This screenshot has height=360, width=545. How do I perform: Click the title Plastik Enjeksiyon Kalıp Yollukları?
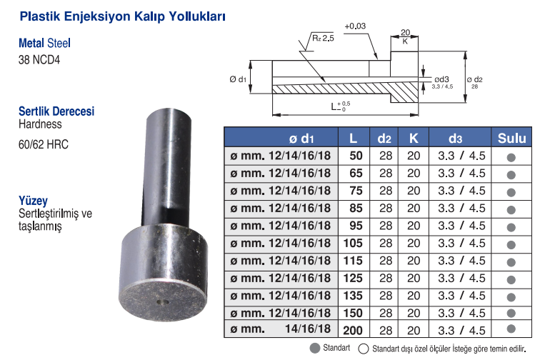click(x=122, y=16)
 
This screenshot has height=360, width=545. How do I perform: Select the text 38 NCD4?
click(x=39, y=60)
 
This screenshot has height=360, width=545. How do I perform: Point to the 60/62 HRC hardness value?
click(x=44, y=144)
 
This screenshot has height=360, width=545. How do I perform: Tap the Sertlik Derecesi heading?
click(x=56, y=111)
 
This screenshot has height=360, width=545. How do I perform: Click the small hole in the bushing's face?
click(x=162, y=302)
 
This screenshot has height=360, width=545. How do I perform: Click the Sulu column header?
click(x=511, y=139)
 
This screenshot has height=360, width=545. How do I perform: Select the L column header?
click(x=353, y=139)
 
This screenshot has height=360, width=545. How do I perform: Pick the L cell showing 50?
click(x=356, y=156)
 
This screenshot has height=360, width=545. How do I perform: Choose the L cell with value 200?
click(x=353, y=330)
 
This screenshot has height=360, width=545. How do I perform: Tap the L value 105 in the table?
click(x=353, y=243)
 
